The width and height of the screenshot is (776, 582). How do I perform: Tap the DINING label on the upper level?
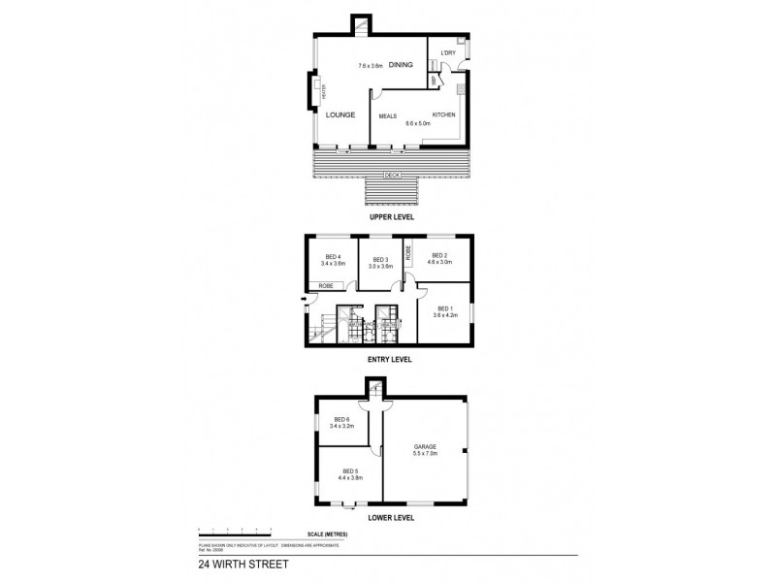click(x=401, y=65)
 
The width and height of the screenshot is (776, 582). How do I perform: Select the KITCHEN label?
click(x=443, y=114)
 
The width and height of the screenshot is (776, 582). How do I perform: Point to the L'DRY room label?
click(x=448, y=52)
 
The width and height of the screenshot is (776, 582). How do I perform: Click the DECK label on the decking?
click(x=392, y=175)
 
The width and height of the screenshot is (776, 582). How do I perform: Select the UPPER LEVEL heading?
click(x=392, y=218)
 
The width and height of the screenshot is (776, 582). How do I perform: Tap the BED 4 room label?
click(x=333, y=256)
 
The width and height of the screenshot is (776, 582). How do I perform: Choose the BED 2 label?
click(x=442, y=256)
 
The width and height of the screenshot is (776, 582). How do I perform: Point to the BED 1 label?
click(x=443, y=307)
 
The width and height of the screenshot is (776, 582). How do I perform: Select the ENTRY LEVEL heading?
click(x=390, y=359)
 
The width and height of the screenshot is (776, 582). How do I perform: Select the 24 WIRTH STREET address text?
click(x=241, y=562)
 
